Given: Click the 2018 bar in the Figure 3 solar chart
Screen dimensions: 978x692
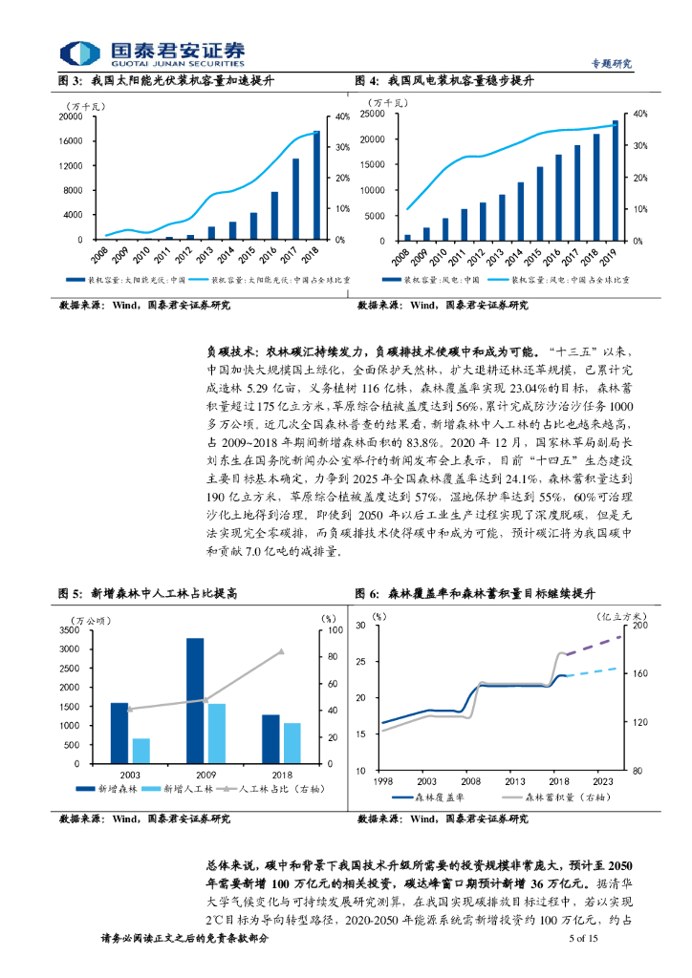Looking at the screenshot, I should coord(316,184).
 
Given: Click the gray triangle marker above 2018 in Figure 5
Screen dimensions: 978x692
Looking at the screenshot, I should coord(281,651).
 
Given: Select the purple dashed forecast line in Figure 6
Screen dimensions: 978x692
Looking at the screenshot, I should coord(594,644).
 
